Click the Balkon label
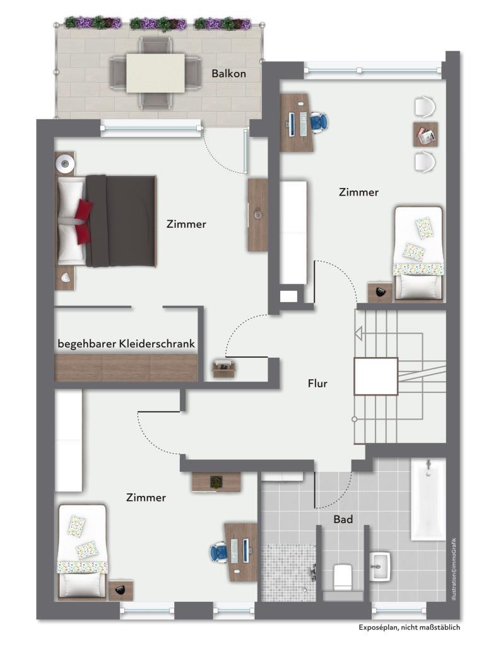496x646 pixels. tap(228, 73)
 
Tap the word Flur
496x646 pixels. tap(317, 384)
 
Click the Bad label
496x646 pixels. tap(343, 519)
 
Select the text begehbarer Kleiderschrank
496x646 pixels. tap(126, 344)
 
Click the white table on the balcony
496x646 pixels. tap(155, 73)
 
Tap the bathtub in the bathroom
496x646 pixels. tap(428, 499)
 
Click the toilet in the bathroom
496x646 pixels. tap(342, 577)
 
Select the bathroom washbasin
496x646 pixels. tap(380, 567)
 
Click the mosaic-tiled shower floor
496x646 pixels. tap(288, 573)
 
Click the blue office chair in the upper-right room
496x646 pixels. tap(319, 122)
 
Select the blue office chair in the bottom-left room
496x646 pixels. tap(219, 552)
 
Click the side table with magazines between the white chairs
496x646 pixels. tap(425, 134)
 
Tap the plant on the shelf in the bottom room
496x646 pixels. tap(216, 481)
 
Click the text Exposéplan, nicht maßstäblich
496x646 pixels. tap(409, 628)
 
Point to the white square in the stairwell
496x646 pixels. tap(375, 376)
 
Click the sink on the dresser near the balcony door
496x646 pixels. tap(258, 214)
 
